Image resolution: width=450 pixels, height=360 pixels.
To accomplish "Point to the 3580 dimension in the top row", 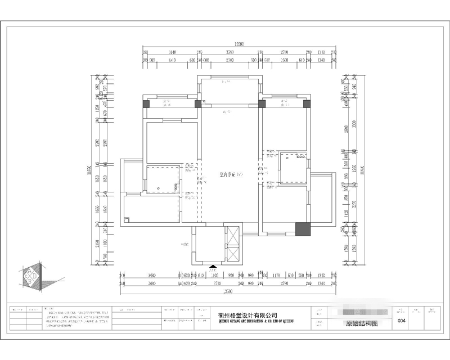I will click(229, 52).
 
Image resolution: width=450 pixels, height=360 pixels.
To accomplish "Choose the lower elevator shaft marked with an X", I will click(232, 255).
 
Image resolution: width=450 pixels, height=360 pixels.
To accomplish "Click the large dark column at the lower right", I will click(303, 229).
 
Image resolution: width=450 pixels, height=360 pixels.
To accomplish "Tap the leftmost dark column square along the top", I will click(146, 103).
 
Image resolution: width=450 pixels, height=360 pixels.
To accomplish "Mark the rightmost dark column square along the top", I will click(307, 103).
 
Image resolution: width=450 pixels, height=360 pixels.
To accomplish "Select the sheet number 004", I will click(401, 321).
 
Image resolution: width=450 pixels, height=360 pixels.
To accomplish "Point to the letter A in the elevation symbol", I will click(28, 273).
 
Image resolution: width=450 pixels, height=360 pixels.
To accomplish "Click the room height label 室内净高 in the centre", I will click(229, 175).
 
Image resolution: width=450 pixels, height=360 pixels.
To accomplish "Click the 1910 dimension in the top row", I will click(173, 59).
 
